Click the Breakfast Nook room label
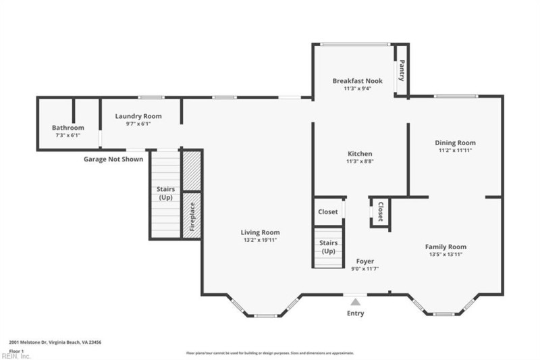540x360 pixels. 357,81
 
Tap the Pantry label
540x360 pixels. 402,70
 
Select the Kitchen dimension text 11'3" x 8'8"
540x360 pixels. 360,162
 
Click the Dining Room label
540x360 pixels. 455,143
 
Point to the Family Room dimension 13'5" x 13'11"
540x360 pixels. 446,255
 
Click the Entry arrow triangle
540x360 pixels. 355,302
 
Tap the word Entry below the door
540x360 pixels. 355,313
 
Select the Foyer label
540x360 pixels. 364,261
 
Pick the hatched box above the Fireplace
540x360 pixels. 192,171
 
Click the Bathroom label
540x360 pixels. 68,128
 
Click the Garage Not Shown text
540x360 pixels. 113,160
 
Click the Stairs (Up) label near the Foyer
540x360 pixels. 328,247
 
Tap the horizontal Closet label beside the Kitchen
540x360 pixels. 328,212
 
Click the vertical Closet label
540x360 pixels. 380,212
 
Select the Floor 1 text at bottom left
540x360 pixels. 17,351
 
